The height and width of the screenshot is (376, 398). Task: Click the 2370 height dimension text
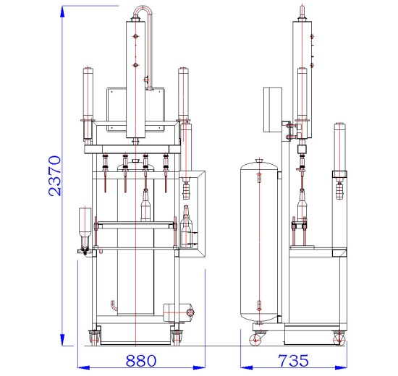55,176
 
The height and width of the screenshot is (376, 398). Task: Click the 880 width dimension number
141,361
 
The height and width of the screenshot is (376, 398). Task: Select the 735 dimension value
293,361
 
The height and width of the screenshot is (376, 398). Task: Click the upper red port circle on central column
135,36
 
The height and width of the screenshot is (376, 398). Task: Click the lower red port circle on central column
135,65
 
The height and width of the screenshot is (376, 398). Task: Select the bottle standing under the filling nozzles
145,205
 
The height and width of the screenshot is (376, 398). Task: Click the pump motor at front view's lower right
179,312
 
